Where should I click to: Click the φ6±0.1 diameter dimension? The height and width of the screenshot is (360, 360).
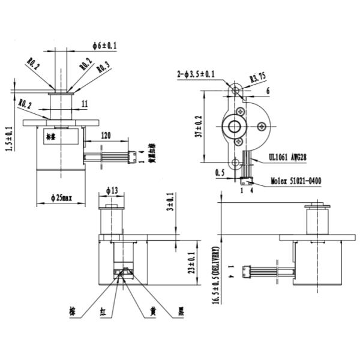point(105,45)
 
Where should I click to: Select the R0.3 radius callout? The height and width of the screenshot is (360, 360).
point(103,67)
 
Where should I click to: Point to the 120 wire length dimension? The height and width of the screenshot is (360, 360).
point(106,136)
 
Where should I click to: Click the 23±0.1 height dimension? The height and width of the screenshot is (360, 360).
point(191,262)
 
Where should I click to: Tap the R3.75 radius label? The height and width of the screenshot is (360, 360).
point(258,77)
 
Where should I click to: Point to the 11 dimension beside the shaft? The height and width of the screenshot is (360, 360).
point(84,104)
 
